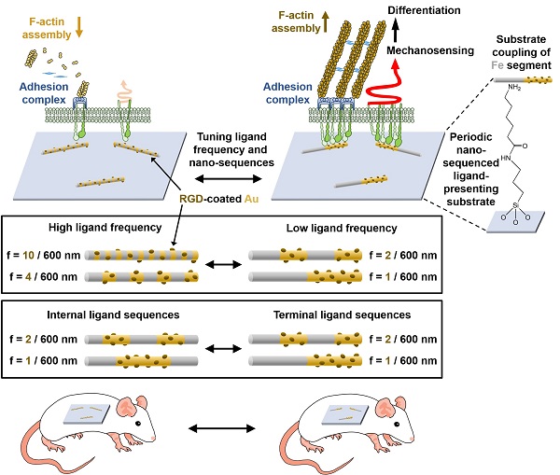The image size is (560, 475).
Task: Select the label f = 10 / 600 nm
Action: pyautogui.click(x=47, y=254)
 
